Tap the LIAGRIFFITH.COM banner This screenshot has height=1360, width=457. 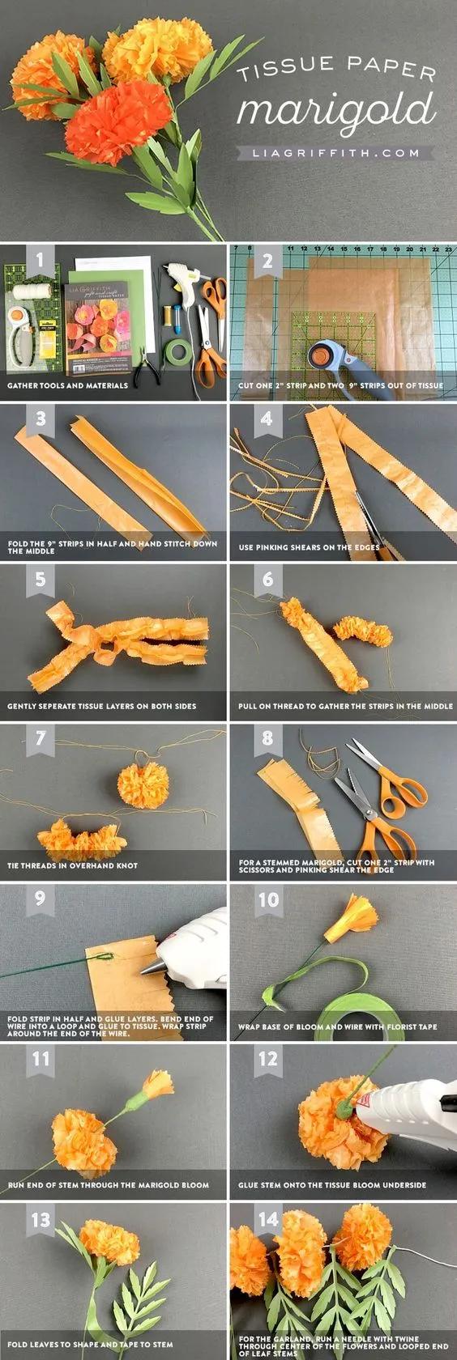[336, 154]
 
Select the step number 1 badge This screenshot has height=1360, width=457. [41, 259]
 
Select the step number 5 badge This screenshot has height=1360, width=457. [41, 579]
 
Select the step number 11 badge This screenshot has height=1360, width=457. [41, 1059]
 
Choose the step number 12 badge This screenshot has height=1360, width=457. [267, 1059]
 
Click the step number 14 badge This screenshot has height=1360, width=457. [267, 1218]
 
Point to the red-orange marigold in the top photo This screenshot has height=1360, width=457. [117, 114]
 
